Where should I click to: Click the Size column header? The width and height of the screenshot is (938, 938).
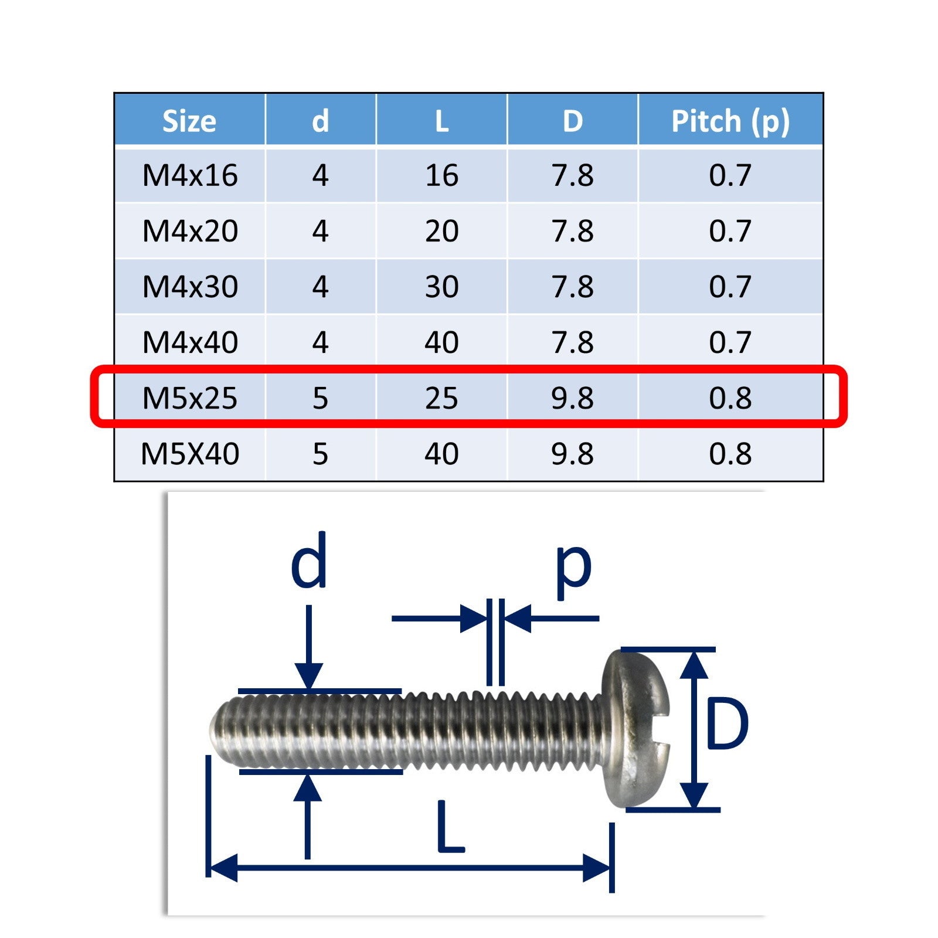[189, 121]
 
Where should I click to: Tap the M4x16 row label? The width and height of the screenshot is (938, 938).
[190, 175]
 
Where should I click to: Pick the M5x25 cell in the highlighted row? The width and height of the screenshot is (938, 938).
[190, 398]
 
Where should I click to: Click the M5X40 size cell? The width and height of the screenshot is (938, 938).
[190, 454]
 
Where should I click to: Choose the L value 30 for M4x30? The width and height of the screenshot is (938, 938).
[441, 287]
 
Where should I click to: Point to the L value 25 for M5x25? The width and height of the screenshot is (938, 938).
[441, 398]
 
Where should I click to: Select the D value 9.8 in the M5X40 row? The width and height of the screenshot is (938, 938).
[572, 454]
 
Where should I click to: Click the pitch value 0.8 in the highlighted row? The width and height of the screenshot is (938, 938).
[730, 398]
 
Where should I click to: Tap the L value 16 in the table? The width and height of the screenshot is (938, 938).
[441, 175]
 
